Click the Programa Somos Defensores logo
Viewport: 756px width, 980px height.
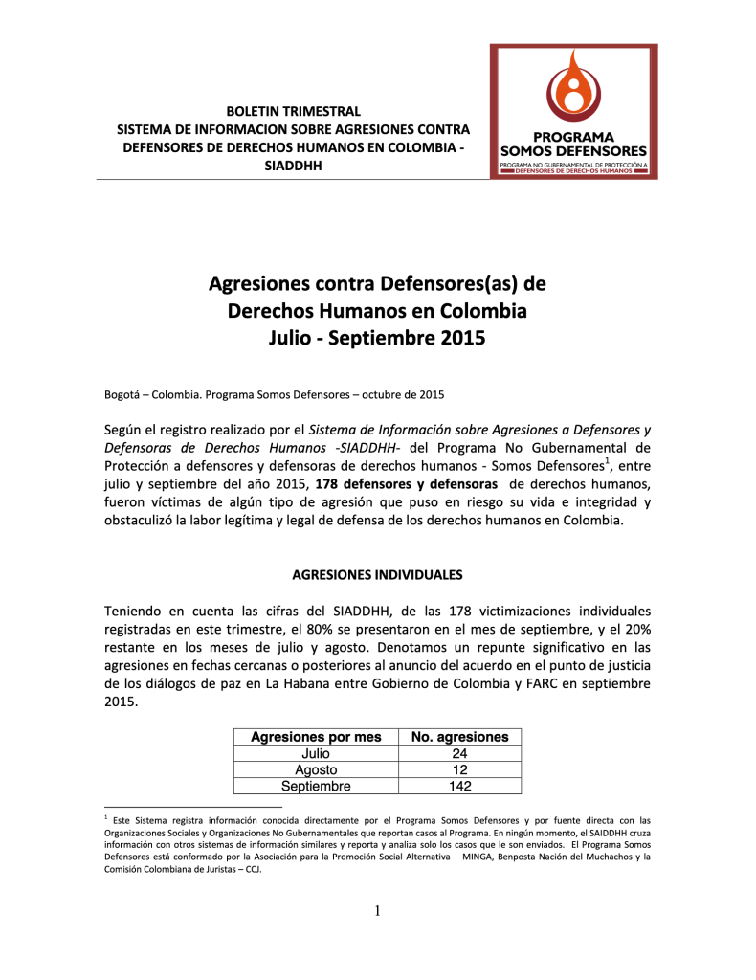pos(573,110)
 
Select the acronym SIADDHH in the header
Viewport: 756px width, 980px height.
pos(293,165)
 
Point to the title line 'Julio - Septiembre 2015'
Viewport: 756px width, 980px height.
pos(377,338)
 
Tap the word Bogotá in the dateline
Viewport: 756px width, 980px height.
pos(122,394)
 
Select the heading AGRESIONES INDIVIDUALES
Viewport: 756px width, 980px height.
pos(377,575)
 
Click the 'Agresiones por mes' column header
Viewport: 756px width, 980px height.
pos(316,737)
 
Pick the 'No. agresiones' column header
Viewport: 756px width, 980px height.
pos(459,737)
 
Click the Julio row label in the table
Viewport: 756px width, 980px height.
pos(316,753)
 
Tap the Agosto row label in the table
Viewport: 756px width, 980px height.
pos(316,769)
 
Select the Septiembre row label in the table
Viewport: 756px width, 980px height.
pos(316,786)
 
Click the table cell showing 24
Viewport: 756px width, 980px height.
pos(459,753)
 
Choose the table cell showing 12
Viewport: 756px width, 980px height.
pos(459,769)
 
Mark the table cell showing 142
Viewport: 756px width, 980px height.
pos(459,786)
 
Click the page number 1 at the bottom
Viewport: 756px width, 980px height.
pos(378,910)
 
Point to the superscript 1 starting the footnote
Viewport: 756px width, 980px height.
pos(104,818)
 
